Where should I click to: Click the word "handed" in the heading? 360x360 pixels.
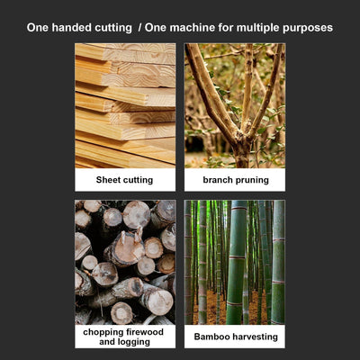(72, 28)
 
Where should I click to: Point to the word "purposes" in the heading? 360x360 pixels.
(308, 29)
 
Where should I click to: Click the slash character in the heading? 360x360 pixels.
(139, 28)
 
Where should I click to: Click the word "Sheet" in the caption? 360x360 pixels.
(107, 180)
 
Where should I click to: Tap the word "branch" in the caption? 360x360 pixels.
(218, 180)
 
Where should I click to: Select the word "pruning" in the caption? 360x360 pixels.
(252, 181)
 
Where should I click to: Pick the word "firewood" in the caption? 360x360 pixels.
(145, 332)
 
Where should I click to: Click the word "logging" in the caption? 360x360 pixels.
(132, 342)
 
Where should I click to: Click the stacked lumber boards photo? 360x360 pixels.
(125, 105)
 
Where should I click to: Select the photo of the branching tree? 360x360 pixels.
(235, 105)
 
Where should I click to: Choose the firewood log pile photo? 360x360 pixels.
(125, 263)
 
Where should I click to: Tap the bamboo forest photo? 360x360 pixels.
(235, 263)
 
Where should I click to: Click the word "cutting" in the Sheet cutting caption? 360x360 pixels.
(137, 180)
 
